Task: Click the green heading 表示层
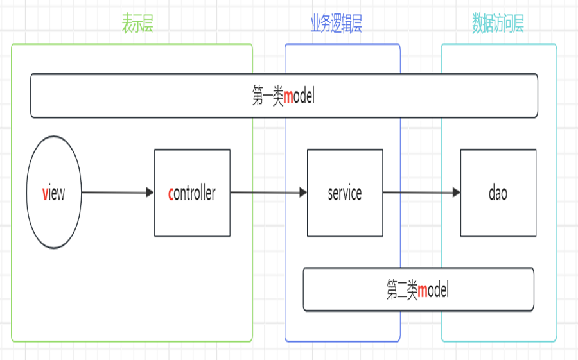pos(137,24)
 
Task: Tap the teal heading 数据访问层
pos(498,24)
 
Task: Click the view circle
pos(54,193)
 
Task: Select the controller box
pos(192,193)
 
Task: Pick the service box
pos(345,193)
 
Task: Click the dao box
pos(498,193)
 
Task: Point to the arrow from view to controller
pos(116,193)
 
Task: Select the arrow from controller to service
pos(267,193)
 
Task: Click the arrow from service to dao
pos(421,193)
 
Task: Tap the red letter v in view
pos(45,193)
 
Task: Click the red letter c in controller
pos(171,193)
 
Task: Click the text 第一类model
pos(283,97)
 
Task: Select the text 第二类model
pos(417,290)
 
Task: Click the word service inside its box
pos(345,193)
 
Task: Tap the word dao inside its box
pos(498,193)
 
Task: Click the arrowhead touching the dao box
pos(456,193)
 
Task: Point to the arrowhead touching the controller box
pos(150,193)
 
